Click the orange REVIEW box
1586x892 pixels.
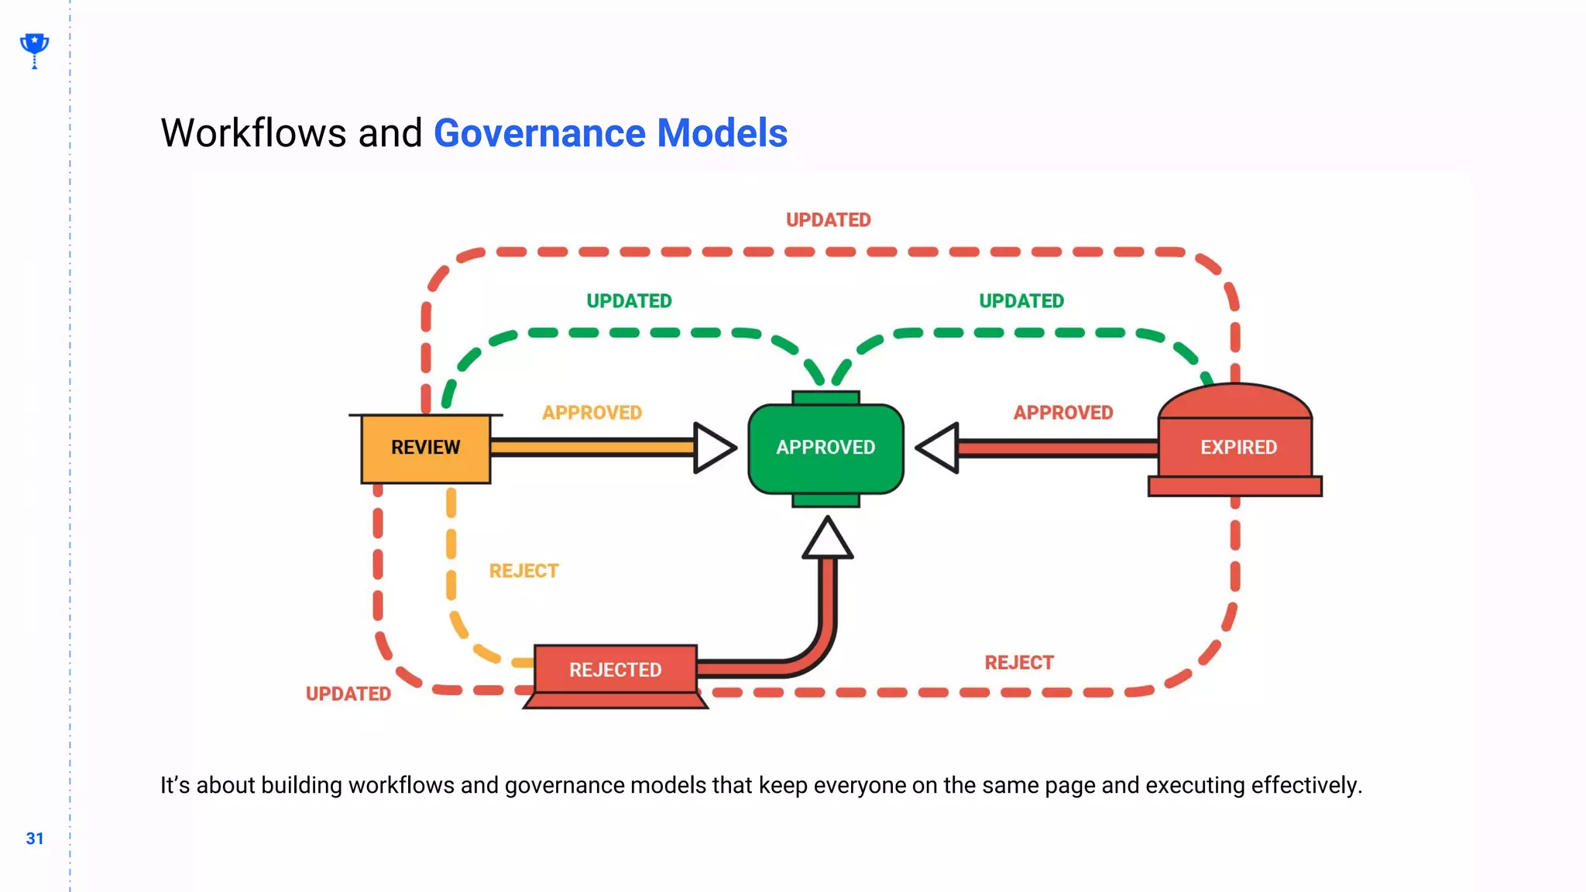tap(425, 448)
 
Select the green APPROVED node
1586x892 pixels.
tap(826, 448)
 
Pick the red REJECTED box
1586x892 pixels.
tap(615, 670)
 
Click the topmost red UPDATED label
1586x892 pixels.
tap(828, 221)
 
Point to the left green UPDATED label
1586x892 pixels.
tap(629, 301)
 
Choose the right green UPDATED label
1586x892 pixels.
tap(1021, 301)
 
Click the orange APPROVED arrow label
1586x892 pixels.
tap(592, 413)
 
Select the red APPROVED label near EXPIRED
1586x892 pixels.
tap(1062, 413)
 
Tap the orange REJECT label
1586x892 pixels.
tap(524, 571)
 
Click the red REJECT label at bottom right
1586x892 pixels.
tap(1018, 663)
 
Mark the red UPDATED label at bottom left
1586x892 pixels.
tap(348, 694)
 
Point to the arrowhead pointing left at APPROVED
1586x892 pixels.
tap(939, 448)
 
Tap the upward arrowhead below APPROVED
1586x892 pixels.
tap(827, 540)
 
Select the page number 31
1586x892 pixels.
tap(35, 839)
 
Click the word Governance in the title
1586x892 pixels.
tap(540, 133)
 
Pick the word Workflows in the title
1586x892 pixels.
tap(253, 133)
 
